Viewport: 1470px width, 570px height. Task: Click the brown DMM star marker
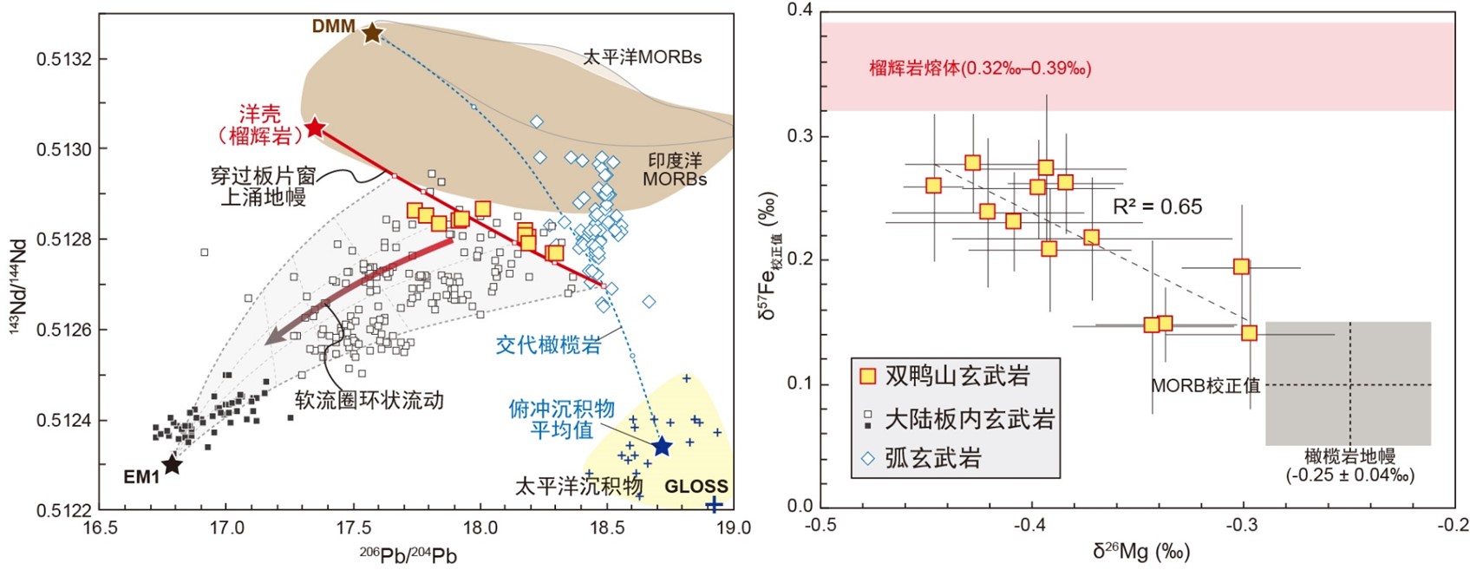(372, 33)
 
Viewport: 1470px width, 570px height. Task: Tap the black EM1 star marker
(173, 465)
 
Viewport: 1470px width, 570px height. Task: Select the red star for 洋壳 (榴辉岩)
(315, 128)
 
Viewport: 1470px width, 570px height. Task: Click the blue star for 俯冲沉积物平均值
(662, 447)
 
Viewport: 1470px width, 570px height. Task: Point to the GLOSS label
(696, 487)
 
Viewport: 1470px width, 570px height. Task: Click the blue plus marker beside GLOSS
(713, 505)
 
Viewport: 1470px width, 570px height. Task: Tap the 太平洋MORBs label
(642, 57)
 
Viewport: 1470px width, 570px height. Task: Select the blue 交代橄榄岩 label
(548, 344)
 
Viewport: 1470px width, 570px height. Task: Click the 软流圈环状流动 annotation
(369, 400)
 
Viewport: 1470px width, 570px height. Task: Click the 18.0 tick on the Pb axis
(479, 528)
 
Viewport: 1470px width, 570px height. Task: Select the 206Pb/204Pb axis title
(408, 555)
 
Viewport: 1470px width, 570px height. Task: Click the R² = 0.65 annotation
(1157, 206)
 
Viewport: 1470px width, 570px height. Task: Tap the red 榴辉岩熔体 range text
(980, 68)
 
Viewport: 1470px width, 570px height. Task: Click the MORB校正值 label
(1205, 385)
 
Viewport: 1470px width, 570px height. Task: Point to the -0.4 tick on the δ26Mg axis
(1031, 525)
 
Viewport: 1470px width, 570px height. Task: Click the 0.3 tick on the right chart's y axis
(800, 136)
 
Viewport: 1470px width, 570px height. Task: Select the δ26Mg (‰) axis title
(1140, 551)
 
